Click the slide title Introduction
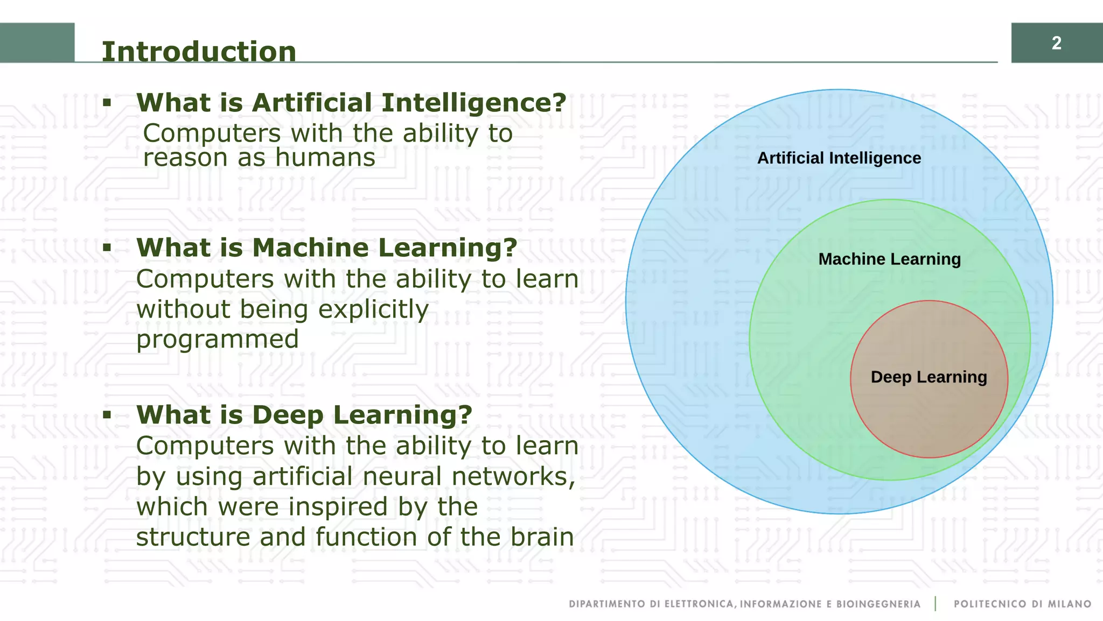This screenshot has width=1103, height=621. pos(199,52)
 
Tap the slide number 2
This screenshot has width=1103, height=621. pos(1056,43)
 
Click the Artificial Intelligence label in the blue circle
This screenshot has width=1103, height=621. pos(839,158)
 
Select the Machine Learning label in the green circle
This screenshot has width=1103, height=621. pos(889,259)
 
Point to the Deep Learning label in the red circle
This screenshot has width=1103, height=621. pos(929,377)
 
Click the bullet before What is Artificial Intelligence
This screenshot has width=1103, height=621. pos(107,102)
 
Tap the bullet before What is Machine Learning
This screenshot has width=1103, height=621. pos(107,248)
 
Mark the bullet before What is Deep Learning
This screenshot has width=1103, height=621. pos(107,414)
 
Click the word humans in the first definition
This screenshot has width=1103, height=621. pos(325,158)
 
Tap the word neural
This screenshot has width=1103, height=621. pos(402,477)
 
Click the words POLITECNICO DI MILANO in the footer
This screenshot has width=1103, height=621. pos(1022,604)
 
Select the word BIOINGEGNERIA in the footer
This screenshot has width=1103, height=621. pos(878,604)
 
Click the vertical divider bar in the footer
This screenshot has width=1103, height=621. pos(936,603)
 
